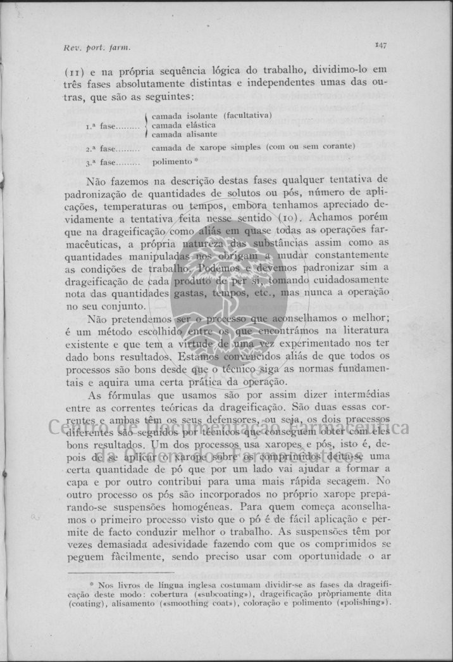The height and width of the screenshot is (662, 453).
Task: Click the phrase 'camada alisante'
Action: click(184, 134)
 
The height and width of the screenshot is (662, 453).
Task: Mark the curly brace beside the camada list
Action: click(147, 125)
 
